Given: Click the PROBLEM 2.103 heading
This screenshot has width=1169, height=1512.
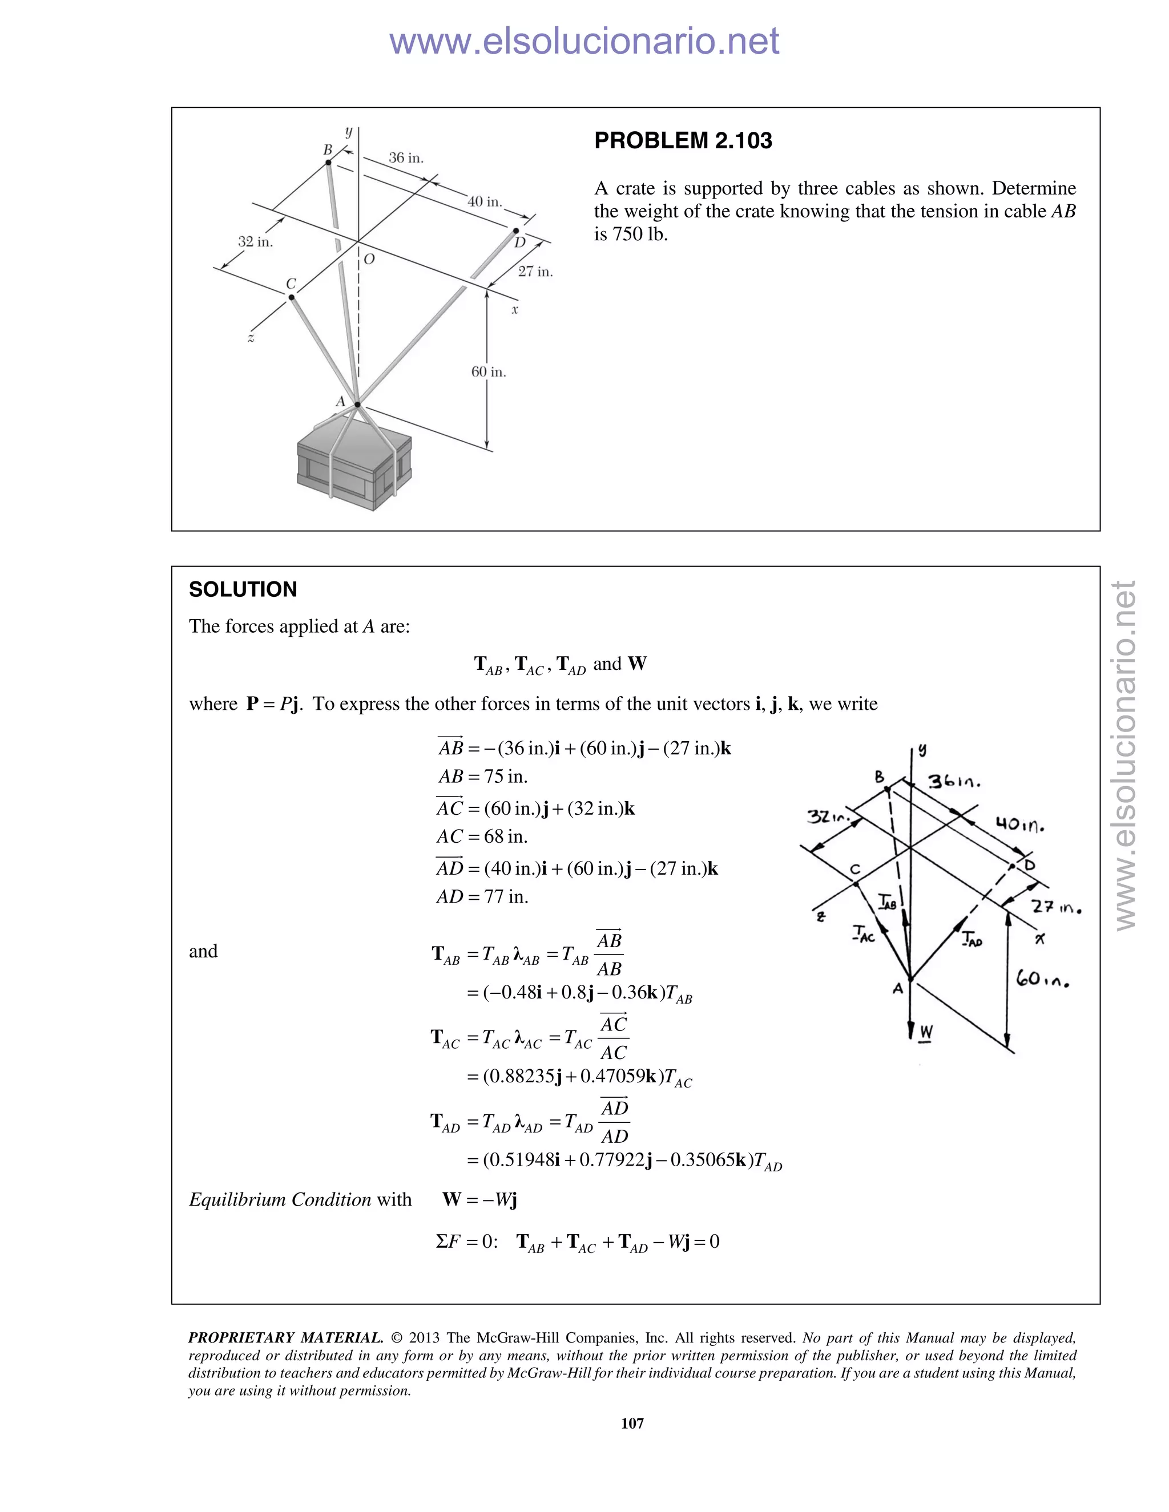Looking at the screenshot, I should click(683, 140).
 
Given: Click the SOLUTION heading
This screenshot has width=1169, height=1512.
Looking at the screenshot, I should click(243, 590).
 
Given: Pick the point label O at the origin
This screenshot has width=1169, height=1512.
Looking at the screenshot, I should click(369, 259).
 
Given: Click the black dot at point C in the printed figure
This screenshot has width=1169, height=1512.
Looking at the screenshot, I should click(292, 298).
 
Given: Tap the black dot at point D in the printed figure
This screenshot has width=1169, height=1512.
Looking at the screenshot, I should click(516, 231).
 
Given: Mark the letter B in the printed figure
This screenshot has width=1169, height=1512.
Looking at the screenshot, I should click(328, 149).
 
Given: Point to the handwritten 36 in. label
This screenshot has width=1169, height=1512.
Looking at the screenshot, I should click(954, 782).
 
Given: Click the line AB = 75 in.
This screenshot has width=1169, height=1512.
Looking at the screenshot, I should click(483, 777).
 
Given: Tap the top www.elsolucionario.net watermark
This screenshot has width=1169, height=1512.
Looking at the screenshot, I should click(584, 42).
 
